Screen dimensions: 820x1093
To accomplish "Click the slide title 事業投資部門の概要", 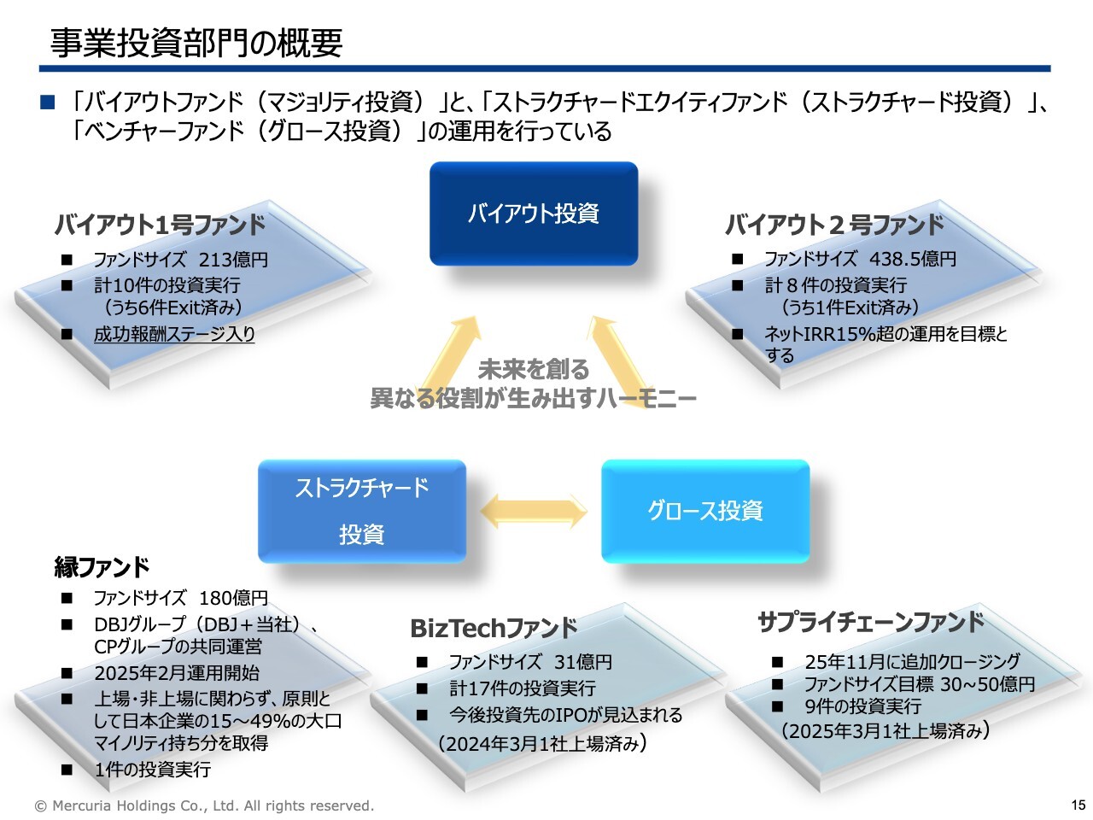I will point(196,43).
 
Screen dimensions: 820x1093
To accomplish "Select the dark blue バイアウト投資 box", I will point(534,214).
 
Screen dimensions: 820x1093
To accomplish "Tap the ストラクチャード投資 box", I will point(362,511).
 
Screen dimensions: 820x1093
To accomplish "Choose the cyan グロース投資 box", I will point(705,511).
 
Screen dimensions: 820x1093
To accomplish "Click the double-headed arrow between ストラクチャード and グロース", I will point(534,512).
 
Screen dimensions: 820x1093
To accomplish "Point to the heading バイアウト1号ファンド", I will point(161,225).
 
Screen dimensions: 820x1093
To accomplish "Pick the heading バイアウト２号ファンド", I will point(834,225).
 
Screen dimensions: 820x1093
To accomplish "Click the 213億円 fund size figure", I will point(233,260).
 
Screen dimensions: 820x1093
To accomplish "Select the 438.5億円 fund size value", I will point(912,259).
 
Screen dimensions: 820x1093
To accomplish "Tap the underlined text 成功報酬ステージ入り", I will point(174,334).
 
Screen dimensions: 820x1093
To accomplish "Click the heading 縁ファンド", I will point(102,566).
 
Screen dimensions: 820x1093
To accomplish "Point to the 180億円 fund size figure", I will point(233,598).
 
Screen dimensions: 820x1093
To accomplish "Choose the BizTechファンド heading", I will point(494,629).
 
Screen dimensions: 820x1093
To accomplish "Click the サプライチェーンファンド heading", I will point(871,622).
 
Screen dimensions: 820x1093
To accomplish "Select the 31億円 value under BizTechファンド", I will point(583,662).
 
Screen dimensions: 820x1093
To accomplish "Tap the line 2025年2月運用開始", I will point(177,673).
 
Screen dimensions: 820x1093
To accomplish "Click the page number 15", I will point(1078,805).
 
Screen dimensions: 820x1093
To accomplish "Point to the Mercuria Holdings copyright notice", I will point(204,805).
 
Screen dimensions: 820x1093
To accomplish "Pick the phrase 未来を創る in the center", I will point(534,370).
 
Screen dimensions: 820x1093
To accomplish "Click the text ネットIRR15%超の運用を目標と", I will point(886,334).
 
